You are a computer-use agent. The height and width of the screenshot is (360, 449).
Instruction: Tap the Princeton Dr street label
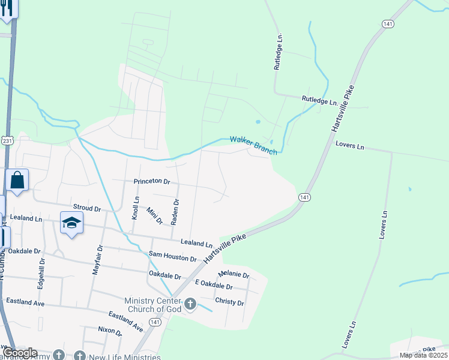[x=152, y=181]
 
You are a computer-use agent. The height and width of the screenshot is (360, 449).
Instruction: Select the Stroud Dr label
[x=86, y=208]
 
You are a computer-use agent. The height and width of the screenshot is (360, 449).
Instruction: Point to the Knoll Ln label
[x=136, y=208]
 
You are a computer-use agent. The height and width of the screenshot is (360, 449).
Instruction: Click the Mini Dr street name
[x=155, y=216]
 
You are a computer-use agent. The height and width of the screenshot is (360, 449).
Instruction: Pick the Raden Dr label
[x=175, y=212]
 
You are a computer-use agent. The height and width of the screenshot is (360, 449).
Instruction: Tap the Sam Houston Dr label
[x=173, y=257]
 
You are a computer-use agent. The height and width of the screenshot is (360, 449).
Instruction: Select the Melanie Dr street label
[x=234, y=275]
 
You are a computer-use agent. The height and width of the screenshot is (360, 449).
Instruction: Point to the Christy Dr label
[x=229, y=303]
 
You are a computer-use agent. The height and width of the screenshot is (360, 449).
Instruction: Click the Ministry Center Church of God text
[x=152, y=305]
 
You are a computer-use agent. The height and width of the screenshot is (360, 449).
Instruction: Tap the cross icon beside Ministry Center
[x=190, y=304]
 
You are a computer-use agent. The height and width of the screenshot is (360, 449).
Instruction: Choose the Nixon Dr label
[x=110, y=332]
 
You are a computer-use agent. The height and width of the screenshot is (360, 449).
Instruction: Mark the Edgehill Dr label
[x=41, y=274]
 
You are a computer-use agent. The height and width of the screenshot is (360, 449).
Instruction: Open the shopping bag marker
[x=17, y=180]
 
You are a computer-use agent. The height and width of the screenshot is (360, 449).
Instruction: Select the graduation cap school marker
[x=71, y=223]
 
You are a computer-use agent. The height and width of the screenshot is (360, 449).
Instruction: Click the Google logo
[x=20, y=353]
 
